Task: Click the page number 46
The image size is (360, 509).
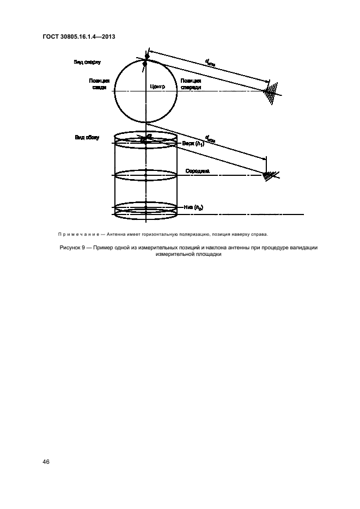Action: tap(46, 462)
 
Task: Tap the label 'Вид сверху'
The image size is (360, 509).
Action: tap(87, 63)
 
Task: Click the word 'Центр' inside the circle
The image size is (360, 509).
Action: tap(157, 87)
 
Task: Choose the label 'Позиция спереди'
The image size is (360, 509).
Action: tap(191, 83)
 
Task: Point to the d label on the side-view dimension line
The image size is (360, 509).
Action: tap(210, 139)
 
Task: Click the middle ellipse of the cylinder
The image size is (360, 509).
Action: tap(146, 175)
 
